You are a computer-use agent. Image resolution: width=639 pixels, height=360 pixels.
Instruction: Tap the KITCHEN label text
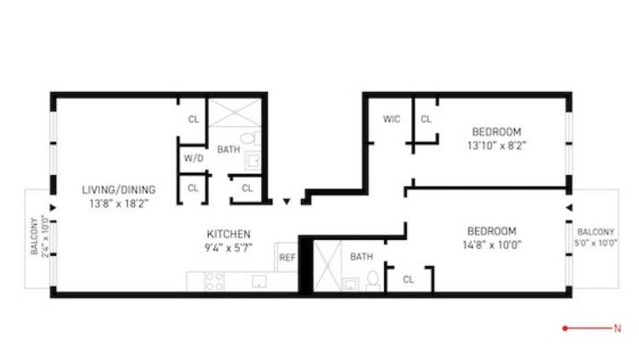click(x=229, y=234)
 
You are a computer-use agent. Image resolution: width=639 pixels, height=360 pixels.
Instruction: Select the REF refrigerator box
click(x=286, y=256)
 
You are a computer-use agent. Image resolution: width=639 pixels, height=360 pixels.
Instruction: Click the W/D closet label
click(x=192, y=159)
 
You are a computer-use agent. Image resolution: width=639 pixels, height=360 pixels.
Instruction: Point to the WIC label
click(x=392, y=119)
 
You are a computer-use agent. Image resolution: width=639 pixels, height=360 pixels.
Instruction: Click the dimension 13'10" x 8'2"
click(x=497, y=146)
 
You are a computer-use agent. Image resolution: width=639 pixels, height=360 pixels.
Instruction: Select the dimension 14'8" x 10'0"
click(x=491, y=245)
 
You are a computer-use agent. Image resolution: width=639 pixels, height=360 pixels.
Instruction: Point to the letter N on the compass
click(x=617, y=328)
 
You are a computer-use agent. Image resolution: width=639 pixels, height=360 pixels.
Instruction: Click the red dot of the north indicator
click(x=565, y=328)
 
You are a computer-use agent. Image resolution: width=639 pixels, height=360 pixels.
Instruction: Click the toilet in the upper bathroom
click(x=247, y=137)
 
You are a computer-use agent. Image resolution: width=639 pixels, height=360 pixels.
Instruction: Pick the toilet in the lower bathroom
click(x=372, y=278)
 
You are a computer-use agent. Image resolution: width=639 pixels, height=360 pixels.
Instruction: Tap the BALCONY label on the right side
click(x=595, y=232)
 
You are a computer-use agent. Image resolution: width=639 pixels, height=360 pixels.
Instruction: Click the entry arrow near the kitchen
click(x=287, y=202)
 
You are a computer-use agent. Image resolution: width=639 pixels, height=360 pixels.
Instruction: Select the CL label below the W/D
click(x=193, y=187)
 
